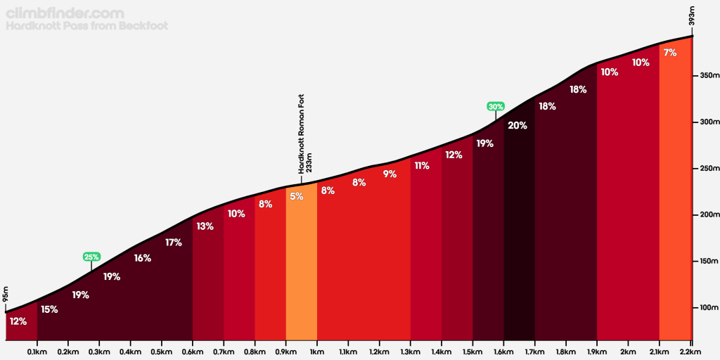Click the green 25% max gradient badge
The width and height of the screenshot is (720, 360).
point(91,257)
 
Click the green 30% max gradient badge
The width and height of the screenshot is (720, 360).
point(496,106)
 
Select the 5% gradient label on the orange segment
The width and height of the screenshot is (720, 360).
point(297,196)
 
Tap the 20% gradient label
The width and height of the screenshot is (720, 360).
point(517,126)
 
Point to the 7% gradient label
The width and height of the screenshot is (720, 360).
point(670,53)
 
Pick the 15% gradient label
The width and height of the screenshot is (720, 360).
point(49,309)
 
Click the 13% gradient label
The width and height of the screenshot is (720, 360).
point(205,226)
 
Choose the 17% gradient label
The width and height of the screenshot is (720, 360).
point(174,243)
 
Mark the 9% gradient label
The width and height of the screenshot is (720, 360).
point(390,174)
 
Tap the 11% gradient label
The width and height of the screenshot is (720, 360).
point(422,166)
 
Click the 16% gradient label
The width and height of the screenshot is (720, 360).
point(143,258)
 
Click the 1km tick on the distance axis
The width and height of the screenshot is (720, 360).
point(317,351)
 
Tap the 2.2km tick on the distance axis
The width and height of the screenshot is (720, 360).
point(691,351)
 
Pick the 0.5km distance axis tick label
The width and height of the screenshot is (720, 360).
point(162,351)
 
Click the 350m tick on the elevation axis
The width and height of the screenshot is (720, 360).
point(706,75)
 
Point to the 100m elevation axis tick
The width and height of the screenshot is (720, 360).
point(706,308)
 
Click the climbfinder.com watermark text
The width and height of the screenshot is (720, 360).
point(65,13)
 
